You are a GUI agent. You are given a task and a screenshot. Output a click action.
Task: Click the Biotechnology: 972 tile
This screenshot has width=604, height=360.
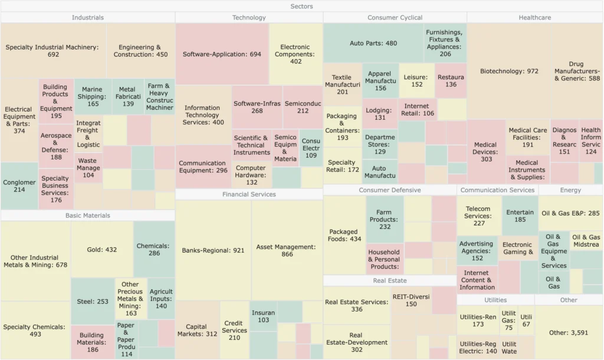click(x=509, y=71)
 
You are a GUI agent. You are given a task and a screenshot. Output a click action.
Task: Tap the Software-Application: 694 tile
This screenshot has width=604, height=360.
click(x=222, y=54)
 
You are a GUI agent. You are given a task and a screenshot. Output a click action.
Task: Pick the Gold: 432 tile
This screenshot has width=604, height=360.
click(x=102, y=250)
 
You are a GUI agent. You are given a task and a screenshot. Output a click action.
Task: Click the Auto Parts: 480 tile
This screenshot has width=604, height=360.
click(x=373, y=43)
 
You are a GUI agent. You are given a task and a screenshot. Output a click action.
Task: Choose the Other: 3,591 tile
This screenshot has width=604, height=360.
click(x=569, y=332)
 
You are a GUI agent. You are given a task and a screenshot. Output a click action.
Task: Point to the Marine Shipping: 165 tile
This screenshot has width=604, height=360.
click(x=93, y=97)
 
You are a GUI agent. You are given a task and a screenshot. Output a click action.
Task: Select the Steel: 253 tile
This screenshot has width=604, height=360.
click(x=93, y=302)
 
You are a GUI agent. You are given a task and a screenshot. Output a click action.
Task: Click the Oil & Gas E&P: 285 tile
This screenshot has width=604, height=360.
click(x=570, y=213)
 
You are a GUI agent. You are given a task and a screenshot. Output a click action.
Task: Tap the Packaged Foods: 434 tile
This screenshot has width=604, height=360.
click(x=345, y=235)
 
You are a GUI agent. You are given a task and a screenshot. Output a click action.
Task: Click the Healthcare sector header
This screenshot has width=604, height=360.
click(x=534, y=18)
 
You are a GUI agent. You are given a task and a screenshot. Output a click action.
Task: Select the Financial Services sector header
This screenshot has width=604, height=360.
click(x=249, y=194)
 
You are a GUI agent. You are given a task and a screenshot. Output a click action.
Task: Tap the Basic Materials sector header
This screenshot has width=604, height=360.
click(x=88, y=215)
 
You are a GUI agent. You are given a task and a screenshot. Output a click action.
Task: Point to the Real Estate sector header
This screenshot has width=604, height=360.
click(x=390, y=280)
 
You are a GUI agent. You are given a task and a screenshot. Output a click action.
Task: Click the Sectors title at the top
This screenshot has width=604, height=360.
click(x=301, y=6)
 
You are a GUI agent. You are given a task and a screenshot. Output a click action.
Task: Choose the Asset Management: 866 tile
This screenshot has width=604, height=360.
click(x=287, y=250)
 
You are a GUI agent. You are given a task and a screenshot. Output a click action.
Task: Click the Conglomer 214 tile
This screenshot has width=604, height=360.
click(x=19, y=186)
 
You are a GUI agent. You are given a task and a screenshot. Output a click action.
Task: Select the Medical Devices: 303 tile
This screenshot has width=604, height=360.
click(x=485, y=151)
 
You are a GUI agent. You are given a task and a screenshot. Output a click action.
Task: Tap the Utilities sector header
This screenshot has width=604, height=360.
click(x=495, y=300)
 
